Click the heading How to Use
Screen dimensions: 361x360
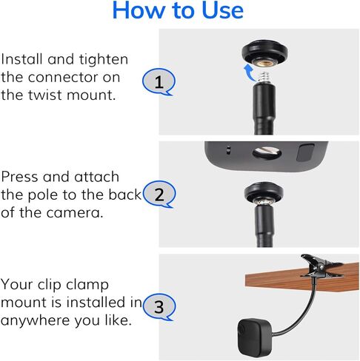(177, 11)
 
